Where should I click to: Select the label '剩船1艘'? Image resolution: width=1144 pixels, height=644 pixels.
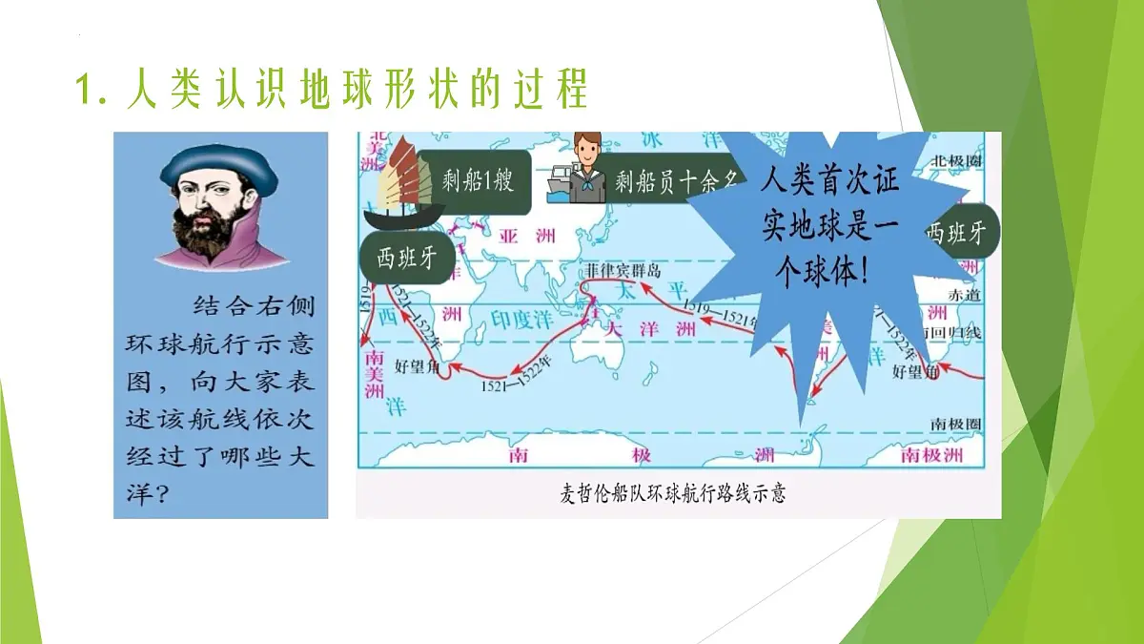(x=478, y=179)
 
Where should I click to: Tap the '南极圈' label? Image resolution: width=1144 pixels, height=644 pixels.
(x=956, y=423)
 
